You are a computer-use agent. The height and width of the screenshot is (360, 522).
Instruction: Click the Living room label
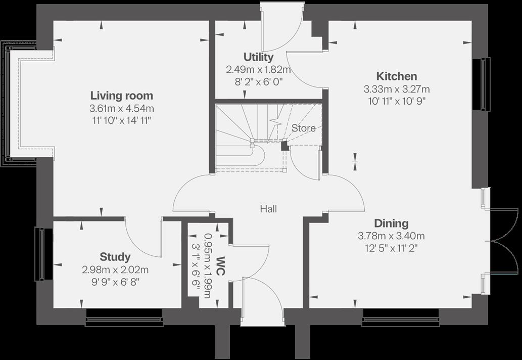121,96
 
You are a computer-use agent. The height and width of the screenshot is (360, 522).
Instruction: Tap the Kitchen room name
397,76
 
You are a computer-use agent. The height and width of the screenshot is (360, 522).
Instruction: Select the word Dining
391,223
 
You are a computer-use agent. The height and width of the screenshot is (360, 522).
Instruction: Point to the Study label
115,257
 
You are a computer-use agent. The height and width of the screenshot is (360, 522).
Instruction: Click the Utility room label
258,57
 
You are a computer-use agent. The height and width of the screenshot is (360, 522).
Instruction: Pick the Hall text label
268,208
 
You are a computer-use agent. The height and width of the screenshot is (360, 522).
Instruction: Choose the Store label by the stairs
303,128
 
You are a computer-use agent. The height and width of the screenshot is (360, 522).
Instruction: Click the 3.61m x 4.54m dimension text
121,108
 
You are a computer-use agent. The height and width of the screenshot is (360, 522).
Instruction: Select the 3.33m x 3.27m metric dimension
397,89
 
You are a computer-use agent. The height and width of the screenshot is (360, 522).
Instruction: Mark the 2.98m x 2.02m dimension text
115,270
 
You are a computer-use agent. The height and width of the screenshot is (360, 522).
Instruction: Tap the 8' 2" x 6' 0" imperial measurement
258,81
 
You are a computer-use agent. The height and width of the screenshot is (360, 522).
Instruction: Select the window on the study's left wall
39,254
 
